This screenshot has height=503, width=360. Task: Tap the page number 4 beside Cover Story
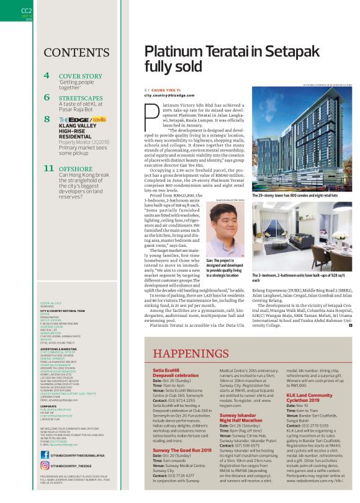47,76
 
